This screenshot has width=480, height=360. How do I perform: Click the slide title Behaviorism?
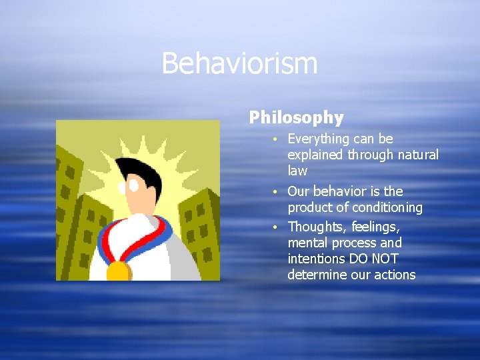(239, 64)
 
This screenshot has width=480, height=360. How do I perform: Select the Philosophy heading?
(296, 118)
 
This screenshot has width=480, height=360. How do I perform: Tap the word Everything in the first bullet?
(317, 139)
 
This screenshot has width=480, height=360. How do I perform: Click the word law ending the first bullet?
(297, 171)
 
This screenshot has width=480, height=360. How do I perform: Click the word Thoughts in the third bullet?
(315, 227)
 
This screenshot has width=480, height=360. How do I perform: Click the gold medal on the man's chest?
(119, 270)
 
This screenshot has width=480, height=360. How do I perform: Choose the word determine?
(317, 275)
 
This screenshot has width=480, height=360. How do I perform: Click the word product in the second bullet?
(308, 208)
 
